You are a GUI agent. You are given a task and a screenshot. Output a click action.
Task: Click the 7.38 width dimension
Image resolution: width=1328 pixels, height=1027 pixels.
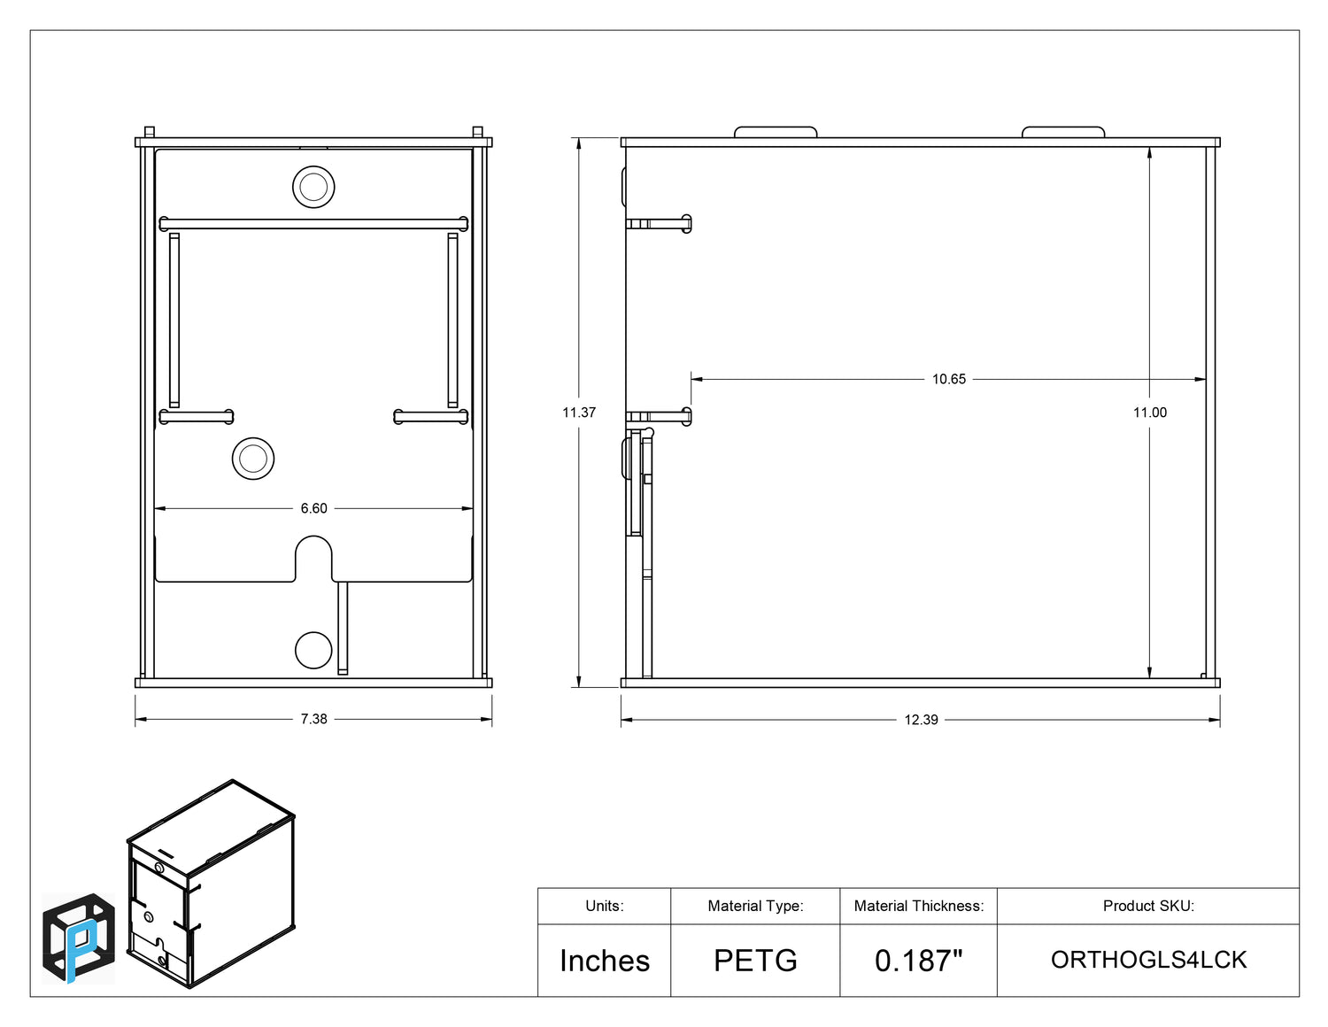[x=313, y=719]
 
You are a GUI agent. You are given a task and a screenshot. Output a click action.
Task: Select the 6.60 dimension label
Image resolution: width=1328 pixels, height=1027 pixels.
[x=313, y=508]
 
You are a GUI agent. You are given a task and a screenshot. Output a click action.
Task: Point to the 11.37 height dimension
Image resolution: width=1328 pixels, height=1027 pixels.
[x=579, y=413]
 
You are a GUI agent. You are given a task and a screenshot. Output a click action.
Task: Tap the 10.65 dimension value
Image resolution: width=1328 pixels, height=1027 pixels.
[x=948, y=379]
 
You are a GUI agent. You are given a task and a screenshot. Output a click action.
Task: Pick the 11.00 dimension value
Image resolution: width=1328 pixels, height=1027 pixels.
[x=1149, y=413]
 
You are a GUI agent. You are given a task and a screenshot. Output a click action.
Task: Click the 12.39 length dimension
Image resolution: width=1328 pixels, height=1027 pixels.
[x=921, y=720]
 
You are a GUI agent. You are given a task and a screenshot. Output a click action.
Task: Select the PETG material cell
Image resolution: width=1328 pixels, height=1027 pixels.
[x=755, y=961]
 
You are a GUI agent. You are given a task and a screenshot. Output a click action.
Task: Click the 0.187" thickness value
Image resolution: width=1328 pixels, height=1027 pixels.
[x=919, y=961]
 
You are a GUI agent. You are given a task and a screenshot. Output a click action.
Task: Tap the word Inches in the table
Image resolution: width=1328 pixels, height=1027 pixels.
[x=605, y=961]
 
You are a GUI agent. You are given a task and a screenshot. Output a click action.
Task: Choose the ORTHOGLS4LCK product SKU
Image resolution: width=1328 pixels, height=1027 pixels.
[x=1148, y=960]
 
